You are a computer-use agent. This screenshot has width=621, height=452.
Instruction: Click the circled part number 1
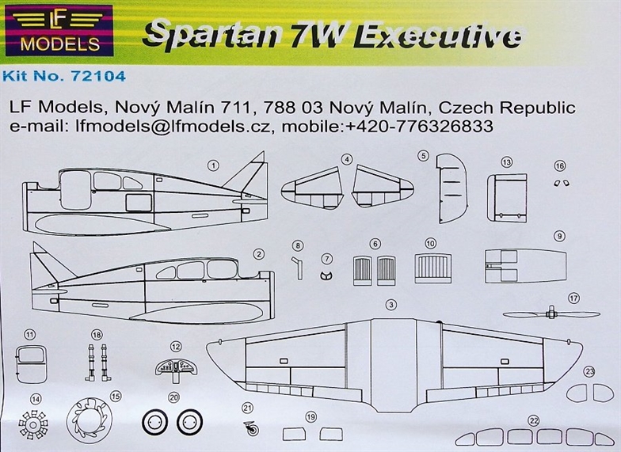pyautogui.click(x=213, y=165)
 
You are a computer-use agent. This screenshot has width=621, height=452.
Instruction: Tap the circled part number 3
pyautogui.click(x=391, y=305)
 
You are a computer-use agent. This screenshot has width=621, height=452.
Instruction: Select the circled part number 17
pyautogui.click(x=573, y=298)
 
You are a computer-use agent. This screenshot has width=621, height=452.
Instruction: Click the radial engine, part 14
pyautogui.click(x=33, y=425)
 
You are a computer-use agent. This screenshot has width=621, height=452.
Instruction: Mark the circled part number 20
pyautogui.click(x=174, y=397)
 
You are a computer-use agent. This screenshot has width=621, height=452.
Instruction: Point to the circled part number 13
pyautogui.click(x=506, y=161)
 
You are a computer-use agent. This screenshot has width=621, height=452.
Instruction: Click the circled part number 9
pyautogui.click(x=559, y=236)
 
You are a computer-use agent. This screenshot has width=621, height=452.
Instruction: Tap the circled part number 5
pyautogui.click(x=424, y=156)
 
